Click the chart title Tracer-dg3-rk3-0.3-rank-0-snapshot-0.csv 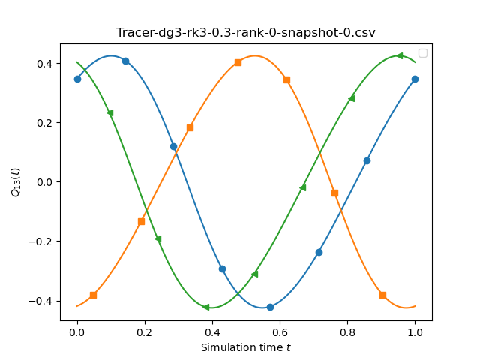pos(245,32)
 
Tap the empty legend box pos(423,53)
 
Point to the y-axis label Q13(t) pos(15,182)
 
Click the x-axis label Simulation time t pos(245,347)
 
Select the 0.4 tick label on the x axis pos(212,332)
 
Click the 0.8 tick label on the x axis pos(347,332)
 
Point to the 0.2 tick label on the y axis pos(45,123)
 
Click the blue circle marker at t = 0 pos(77,79)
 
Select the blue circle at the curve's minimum pos(270,307)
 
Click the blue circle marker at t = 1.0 pos(415,79)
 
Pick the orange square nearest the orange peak pos(238,63)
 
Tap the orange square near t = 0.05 pos(93,295)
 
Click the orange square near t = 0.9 pos(382,295)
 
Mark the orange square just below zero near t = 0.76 pos(334,193)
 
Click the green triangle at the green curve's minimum pos(206,307)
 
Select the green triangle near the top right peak pos(399,55)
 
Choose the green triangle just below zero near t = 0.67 pos(303,187)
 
